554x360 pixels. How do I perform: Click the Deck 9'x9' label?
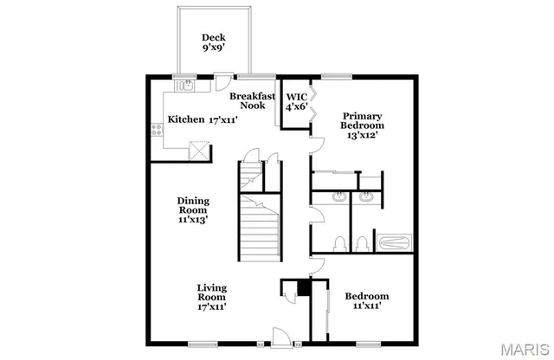coord(213,42)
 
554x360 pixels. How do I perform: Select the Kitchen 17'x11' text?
coord(202,119)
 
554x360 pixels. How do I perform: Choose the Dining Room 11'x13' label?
coord(193,209)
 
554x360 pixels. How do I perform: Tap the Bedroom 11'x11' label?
coord(366,300)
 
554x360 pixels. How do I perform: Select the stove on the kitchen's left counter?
coord(157,131)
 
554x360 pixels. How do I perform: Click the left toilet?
coord(339,241)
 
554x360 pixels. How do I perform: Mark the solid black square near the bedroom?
coord(303,288)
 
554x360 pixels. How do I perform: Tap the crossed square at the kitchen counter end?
coord(199,151)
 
